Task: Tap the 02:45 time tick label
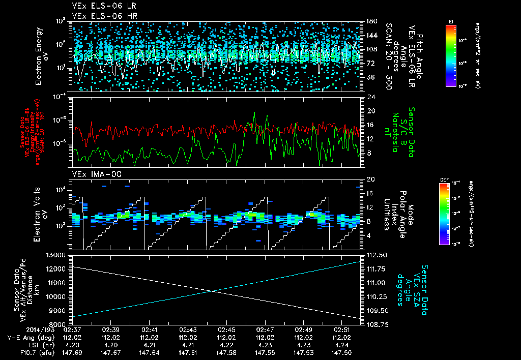tap(226, 329)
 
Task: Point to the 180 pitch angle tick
tap(370, 21)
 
